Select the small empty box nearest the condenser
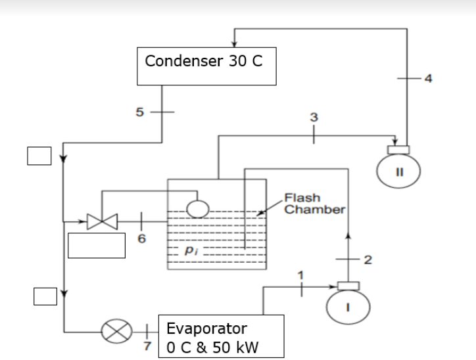coord(38,156)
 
